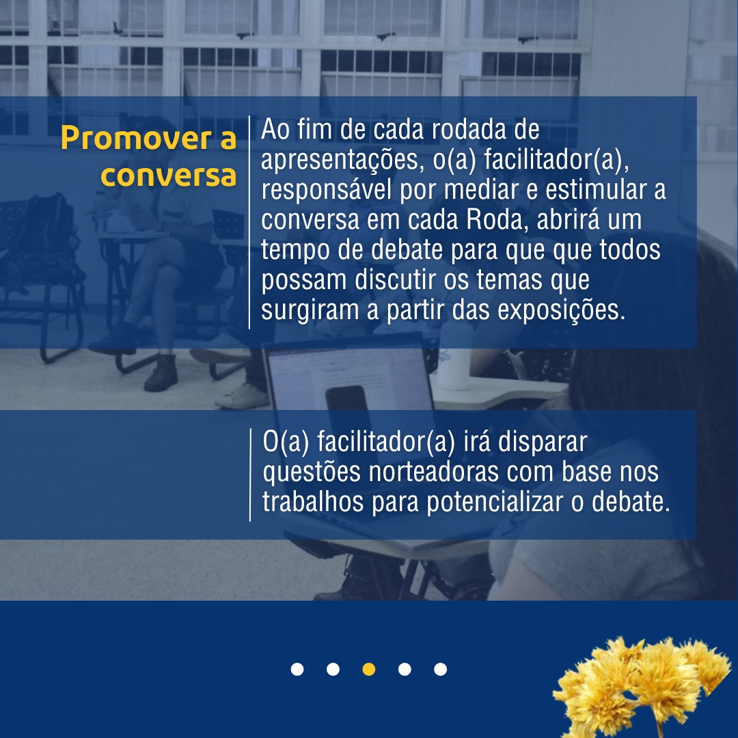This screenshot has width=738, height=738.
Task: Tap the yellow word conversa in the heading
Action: pyautogui.click(x=168, y=176)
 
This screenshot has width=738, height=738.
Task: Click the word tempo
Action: pyautogui.click(x=295, y=250)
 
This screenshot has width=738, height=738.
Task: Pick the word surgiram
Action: pyautogui.click(x=310, y=311)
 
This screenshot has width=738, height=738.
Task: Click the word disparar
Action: pyautogui.click(x=543, y=442)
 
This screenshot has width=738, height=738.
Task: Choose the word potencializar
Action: pyautogui.click(x=495, y=503)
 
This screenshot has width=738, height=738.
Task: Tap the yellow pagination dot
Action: pyautogui.click(x=369, y=669)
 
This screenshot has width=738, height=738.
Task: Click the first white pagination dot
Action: pyautogui.click(x=297, y=669)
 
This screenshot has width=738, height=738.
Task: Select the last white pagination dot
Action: pyautogui.click(x=441, y=669)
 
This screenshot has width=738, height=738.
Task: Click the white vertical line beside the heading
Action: pyautogui.click(x=249, y=222)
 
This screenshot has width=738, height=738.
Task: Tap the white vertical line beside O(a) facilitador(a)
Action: pyautogui.click(x=250, y=474)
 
